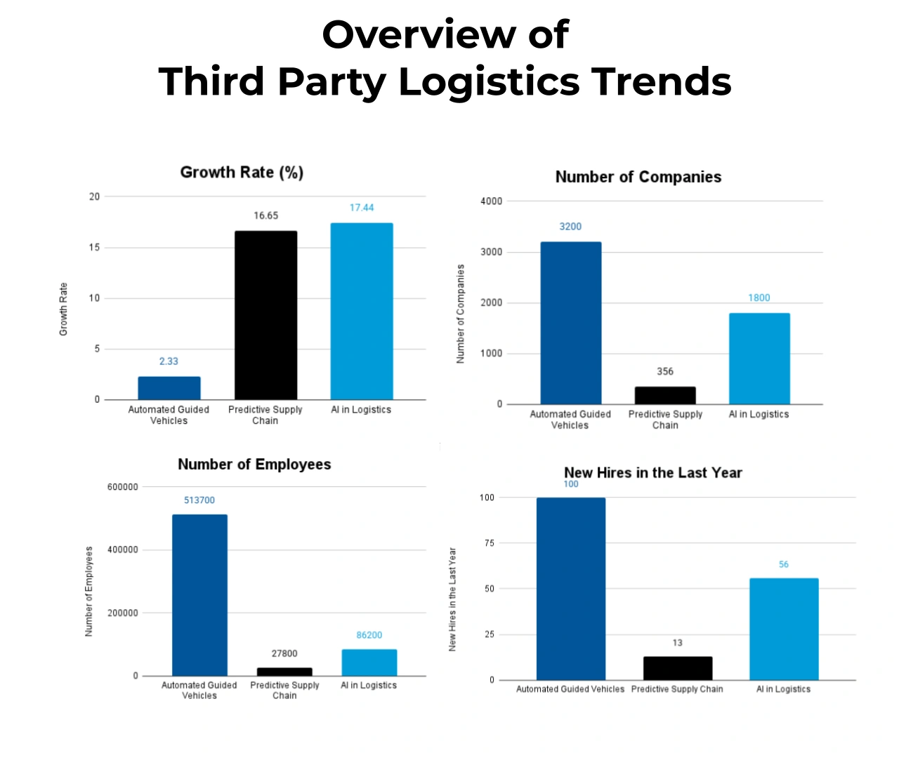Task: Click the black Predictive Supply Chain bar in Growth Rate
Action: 265,315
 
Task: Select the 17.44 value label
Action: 362,208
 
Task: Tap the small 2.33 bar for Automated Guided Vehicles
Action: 169,388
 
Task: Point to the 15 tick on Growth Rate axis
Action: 94,247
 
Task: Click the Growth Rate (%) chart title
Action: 242,173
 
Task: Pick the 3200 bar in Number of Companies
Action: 570,323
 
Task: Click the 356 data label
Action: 665,371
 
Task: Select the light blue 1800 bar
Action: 759,359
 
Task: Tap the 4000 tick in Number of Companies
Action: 491,201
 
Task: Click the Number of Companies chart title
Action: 638,177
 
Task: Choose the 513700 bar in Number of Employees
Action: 199,595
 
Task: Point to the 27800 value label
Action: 284,653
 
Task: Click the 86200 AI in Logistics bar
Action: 369,663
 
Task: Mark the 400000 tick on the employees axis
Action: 122,550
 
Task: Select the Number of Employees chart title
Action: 254,465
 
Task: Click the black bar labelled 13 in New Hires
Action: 678,668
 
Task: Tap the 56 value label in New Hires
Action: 784,564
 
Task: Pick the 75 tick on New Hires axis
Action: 489,543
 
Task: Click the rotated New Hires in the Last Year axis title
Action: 452,599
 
